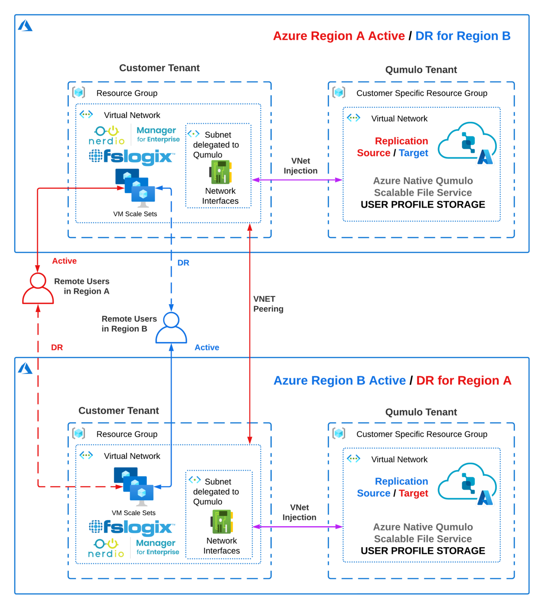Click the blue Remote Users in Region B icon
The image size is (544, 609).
pos(171,328)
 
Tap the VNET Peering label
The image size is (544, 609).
pos(268,304)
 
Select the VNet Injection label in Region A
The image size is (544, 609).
pos(300,166)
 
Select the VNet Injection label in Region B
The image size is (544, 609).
pos(299,512)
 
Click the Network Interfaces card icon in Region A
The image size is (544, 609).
pos(220,172)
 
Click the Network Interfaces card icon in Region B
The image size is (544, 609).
pos(222,522)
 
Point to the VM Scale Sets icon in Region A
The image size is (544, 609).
pos(135,188)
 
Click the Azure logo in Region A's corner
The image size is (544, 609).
pos(25,26)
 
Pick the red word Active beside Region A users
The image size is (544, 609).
pos(64,261)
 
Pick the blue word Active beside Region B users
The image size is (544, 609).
pos(206,347)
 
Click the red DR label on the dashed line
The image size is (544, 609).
pos(57,347)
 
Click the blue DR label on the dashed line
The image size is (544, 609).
pos(183,263)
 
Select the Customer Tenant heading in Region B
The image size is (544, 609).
pos(118,410)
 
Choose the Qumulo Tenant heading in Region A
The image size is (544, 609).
pos(421,70)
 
